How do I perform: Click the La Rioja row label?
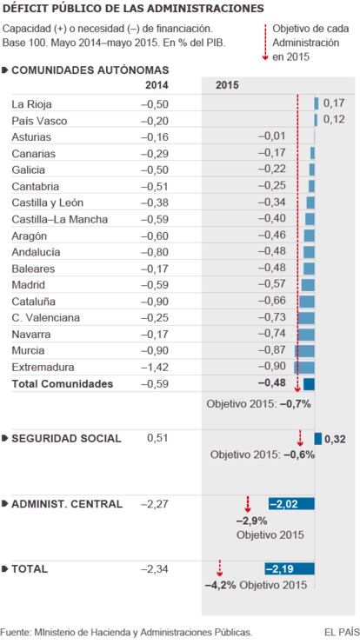31,104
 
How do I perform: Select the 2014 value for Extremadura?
155,367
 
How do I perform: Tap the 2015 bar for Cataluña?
307,302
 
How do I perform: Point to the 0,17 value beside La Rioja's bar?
334,103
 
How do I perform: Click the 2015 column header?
227,85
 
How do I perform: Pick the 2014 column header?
157,85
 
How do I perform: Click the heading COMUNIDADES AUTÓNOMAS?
90,70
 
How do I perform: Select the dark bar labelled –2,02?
292,503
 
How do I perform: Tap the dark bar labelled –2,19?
290,569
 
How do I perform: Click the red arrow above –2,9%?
248,504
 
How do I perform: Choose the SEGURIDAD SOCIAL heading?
66,439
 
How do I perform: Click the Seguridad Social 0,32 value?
335,440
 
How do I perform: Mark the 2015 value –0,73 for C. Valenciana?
272,317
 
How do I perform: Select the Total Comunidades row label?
63,384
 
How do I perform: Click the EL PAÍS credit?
341,632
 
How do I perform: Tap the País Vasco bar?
316,120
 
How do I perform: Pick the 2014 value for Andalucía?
155,252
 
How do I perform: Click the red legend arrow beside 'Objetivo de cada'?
265,42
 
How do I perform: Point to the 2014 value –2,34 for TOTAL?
155,569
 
